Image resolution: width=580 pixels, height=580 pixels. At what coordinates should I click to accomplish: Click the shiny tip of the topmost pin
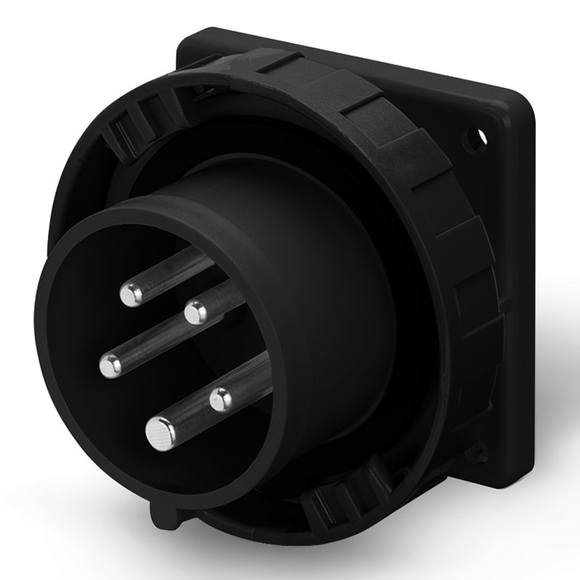(x=132, y=294)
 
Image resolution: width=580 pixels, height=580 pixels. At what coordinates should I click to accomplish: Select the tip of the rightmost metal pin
(x=221, y=399)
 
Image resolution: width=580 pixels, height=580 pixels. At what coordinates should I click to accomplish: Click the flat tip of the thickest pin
(x=160, y=434)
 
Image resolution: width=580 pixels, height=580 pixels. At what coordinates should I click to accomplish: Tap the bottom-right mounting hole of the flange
(x=476, y=455)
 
